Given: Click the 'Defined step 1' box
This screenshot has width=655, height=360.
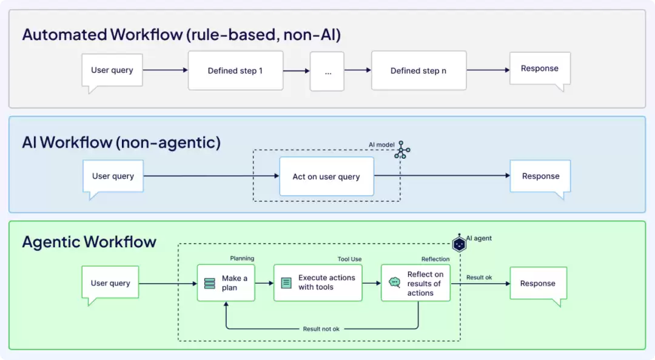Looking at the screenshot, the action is pos(235,70).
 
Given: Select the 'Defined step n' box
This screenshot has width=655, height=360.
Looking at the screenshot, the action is pos(418,70).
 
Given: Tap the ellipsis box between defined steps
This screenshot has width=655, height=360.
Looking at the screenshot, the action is pos(327,72).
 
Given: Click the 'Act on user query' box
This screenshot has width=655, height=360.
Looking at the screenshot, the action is pos(327,176).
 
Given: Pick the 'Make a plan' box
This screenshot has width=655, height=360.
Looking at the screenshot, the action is pos(226,283).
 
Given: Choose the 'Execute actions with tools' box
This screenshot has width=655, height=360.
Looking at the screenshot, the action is pos(318,283).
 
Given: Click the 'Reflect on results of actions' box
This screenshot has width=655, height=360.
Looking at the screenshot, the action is pos(415,283).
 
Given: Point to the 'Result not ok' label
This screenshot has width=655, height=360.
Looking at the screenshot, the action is pos(321,329).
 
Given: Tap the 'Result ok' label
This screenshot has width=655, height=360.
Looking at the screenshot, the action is pos(479,278).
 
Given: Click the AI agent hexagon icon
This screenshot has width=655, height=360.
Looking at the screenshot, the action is pos(459,244).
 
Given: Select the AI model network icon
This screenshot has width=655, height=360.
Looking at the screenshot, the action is pos(402,150).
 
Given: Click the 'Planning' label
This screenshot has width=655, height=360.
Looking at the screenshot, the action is pos(242,259).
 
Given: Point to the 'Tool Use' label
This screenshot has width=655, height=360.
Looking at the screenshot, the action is pos(350,259).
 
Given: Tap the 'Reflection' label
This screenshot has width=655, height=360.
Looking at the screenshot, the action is pos(435,259).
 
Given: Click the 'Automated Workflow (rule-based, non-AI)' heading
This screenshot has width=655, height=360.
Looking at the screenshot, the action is pos(182,35).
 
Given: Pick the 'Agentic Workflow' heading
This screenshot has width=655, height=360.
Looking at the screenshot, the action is pos(89,242).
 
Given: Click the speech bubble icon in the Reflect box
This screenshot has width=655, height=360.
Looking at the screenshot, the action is pos(394,282).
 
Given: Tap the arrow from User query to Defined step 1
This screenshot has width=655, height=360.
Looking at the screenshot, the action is pos(166,70).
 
